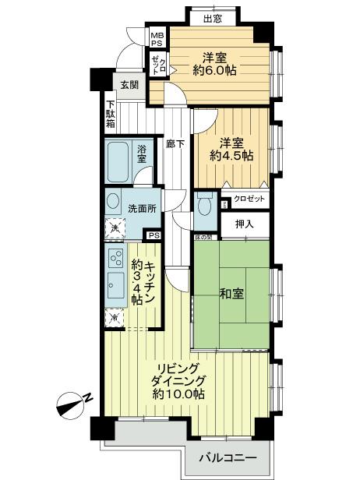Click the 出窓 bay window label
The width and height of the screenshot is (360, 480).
(x=213, y=19)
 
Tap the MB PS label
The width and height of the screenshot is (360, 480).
(x=157, y=38)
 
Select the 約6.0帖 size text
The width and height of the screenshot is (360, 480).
(x=216, y=71)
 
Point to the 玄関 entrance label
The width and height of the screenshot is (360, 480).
(x=129, y=85)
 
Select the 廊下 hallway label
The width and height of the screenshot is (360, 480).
(x=175, y=144)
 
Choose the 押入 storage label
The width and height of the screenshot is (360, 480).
(x=243, y=224)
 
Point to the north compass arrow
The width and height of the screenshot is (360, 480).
(x=75, y=402)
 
